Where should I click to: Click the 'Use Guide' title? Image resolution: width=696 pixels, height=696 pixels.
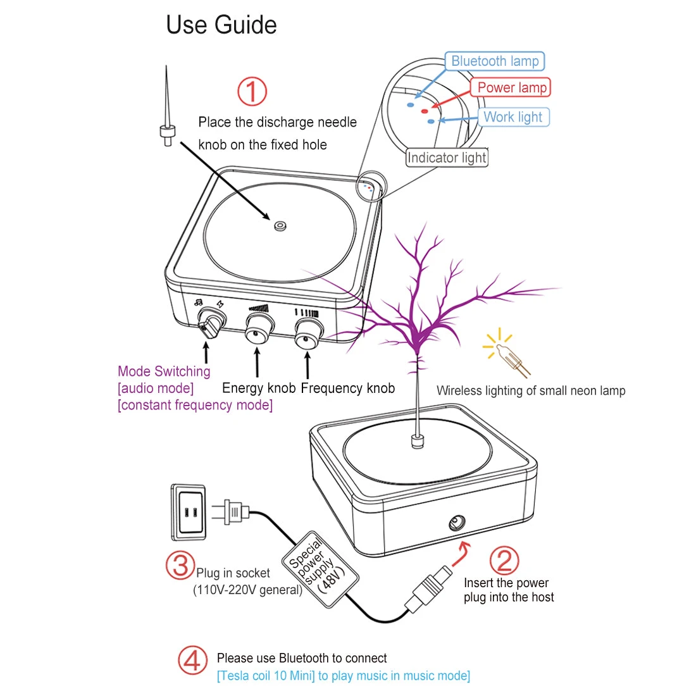tap(221, 25)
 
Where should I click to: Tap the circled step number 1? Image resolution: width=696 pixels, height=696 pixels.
tap(252, 91)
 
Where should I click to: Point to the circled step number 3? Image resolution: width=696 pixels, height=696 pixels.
tap(180, 564)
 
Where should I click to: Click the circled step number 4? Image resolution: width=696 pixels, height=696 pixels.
tap(192, 660)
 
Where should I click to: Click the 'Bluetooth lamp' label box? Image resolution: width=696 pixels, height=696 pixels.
tap(494, 61)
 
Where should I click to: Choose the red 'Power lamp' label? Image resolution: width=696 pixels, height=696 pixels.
tap(511, 87)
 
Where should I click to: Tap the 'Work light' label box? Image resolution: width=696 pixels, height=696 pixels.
tap(513, 117)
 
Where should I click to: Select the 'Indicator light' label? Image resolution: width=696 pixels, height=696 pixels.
tap(447, 158)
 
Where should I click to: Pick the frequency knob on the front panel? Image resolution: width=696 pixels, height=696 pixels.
tap(308, 332)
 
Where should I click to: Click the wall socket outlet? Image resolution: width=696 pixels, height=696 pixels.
tap(189, 513)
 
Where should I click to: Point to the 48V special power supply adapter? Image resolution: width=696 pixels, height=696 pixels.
tap(319, 568)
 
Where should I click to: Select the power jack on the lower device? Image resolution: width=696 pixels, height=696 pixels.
tap(457, 523)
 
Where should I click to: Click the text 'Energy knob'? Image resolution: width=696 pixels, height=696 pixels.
tap(258, 388)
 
